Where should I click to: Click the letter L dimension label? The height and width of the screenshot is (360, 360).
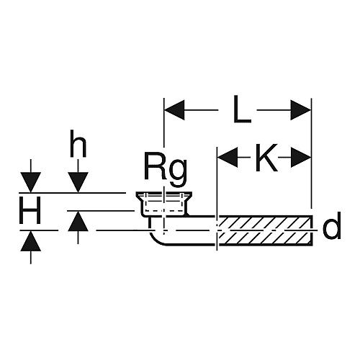242,109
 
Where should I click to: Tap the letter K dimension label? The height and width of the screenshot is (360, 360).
266,158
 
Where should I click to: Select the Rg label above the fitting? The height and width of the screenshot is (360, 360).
166,170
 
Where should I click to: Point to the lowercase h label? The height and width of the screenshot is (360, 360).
78,144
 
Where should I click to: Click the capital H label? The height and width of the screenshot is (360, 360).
30,210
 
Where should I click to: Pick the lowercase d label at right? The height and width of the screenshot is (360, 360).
332,225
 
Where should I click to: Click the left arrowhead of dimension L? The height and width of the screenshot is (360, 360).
174,110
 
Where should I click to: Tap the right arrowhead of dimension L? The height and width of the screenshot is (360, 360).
301,110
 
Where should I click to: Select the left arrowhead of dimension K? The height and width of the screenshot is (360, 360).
228,158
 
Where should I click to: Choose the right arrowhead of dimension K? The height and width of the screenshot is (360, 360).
301,158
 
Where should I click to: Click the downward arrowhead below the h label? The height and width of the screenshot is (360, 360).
78,182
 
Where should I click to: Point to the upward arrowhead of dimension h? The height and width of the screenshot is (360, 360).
78,221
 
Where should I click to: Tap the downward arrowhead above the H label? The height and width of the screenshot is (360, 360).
30,182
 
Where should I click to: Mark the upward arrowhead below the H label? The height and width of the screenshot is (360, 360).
30,240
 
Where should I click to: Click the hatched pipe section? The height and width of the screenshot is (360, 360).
265,230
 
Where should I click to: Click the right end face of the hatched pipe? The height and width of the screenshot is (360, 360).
312,230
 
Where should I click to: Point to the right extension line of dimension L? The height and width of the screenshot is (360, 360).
311,153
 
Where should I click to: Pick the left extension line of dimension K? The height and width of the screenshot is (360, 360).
217,199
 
